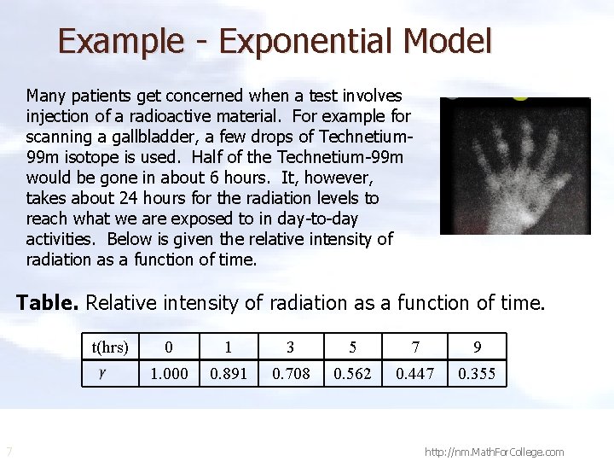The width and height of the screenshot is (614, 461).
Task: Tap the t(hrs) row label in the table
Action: pos(110,347)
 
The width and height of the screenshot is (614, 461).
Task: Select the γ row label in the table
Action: pos(102,373)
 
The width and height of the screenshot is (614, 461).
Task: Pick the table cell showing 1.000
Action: pos(169,374)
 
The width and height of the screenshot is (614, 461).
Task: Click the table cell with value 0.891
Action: pos(229,374)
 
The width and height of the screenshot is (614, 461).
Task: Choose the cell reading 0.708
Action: pos(291,374)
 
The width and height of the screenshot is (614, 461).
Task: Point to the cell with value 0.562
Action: pos(352,374)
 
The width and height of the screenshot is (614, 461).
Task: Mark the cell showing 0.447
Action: pos(414,374)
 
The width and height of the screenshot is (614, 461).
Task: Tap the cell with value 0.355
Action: pos(477,374)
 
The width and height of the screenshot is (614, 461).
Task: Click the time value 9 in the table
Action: pos(477,347)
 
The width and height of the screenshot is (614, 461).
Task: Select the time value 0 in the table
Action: pos(169,347)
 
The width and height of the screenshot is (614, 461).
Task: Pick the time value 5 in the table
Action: pos(352,347)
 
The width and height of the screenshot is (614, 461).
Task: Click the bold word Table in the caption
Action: pos(48,302)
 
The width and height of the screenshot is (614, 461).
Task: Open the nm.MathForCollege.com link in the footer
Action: pos(494,452)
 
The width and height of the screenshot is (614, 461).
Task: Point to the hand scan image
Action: pos(514,166)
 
